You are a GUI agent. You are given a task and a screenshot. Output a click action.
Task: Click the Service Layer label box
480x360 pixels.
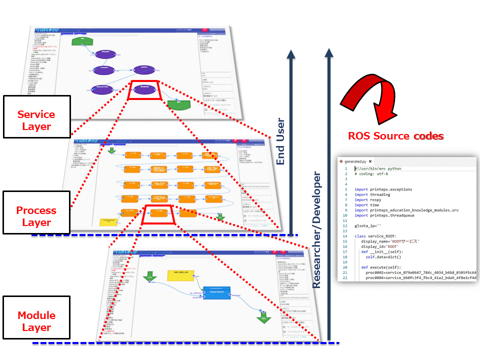[x=37, y=120]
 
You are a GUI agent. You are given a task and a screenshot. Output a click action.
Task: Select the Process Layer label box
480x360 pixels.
[x=36, y=216]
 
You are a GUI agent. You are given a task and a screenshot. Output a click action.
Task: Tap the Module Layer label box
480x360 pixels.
[x=36, y=321]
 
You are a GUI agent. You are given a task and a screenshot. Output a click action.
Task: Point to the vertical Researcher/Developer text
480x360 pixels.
[x=316, y=229]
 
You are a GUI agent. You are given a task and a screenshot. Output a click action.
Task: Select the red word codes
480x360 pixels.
[x=428, y=136]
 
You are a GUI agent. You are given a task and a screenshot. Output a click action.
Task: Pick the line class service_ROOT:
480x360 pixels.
[x=375, y=235]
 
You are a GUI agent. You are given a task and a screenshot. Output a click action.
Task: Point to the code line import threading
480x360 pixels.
[x=372, y=195]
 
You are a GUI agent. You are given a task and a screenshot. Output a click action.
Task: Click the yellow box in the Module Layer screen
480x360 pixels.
[x=181, y=274]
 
